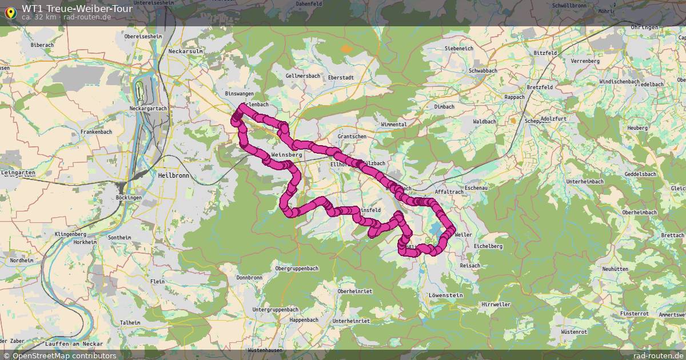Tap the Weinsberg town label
tap(286, 155)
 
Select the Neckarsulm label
tap(186, 51)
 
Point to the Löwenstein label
tap(445, 295)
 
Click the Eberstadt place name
tap(341, 77)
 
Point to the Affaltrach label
tap(448, 192)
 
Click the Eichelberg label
tap(488, 246)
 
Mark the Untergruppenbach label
tap(275, 309)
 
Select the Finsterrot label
tap(634, 314)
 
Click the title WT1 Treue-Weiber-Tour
tap(77, 9)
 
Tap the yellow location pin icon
tap(10, 11)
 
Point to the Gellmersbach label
tap(302, 75)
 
